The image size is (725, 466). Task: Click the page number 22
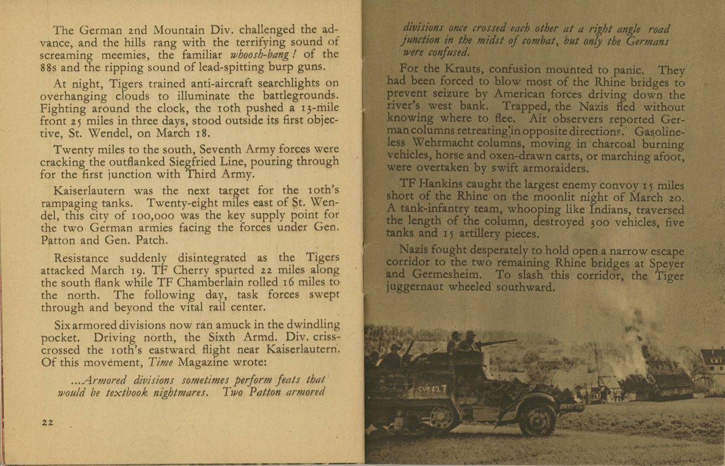coord(47,423)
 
